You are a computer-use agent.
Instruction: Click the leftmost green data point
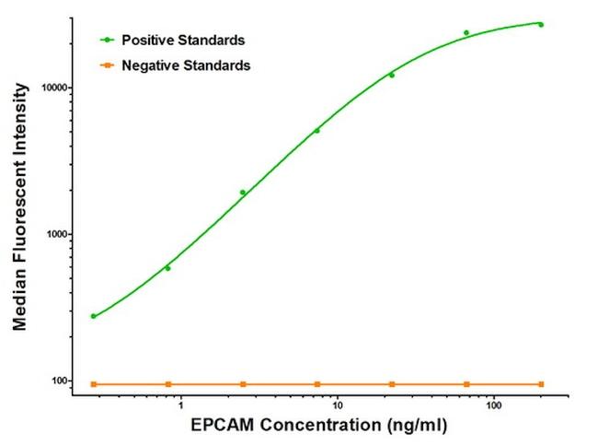click(x=93, y=316)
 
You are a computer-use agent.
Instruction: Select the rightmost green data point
click(x=541, y=25)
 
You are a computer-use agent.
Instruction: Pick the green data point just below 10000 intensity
click(x=392, y=75)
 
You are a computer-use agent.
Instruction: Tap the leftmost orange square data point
click(x=93, y=383)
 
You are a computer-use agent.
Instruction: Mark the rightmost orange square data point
click(x=541, y=383)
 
